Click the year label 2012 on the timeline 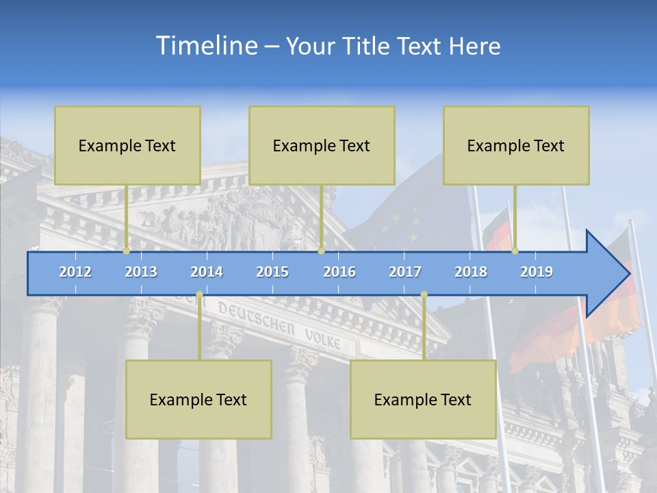(x=75, y=272)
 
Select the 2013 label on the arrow (x=141, y=272)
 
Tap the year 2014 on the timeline (x=207, y=272)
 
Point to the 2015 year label (x=272, y=272)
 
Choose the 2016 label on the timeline (x=339, y=272)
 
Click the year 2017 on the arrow (x=405, y=272)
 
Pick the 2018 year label (x=471, y=272)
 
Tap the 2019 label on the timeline (x=537, y=272)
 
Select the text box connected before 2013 (x=127, y=145)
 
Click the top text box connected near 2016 (x=322, y=145)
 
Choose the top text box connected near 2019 (x=516, y=145)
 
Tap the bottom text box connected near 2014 (x=198, y=399)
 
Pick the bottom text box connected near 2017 (x=423, y=399)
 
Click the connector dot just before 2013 (x=126, y=251)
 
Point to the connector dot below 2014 (x=199, y=295)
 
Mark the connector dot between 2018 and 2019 (x=515, y=251)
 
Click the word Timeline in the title (x=205, y=46)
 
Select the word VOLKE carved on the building (x=322, y=338)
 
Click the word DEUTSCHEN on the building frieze (x=256, y=320)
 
